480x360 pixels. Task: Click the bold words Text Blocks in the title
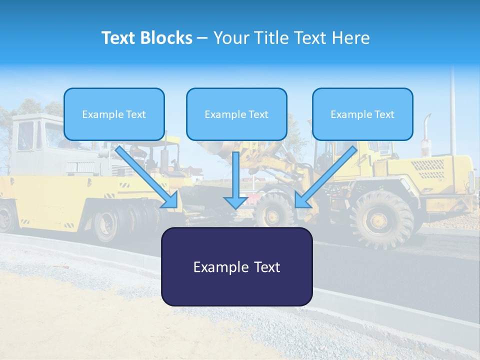point(146,38)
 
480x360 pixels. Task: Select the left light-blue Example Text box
point(114,114)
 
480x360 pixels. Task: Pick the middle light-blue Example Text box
point(236,114)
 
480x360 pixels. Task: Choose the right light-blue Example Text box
point(362,114)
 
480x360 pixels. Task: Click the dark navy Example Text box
point(236,266)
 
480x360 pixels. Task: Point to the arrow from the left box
point(147,177)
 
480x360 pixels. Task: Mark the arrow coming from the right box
point(326,177)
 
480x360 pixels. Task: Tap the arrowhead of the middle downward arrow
point(236,202)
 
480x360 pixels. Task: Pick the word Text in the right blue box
point(384,114)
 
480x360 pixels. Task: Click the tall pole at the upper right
point(452,110)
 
